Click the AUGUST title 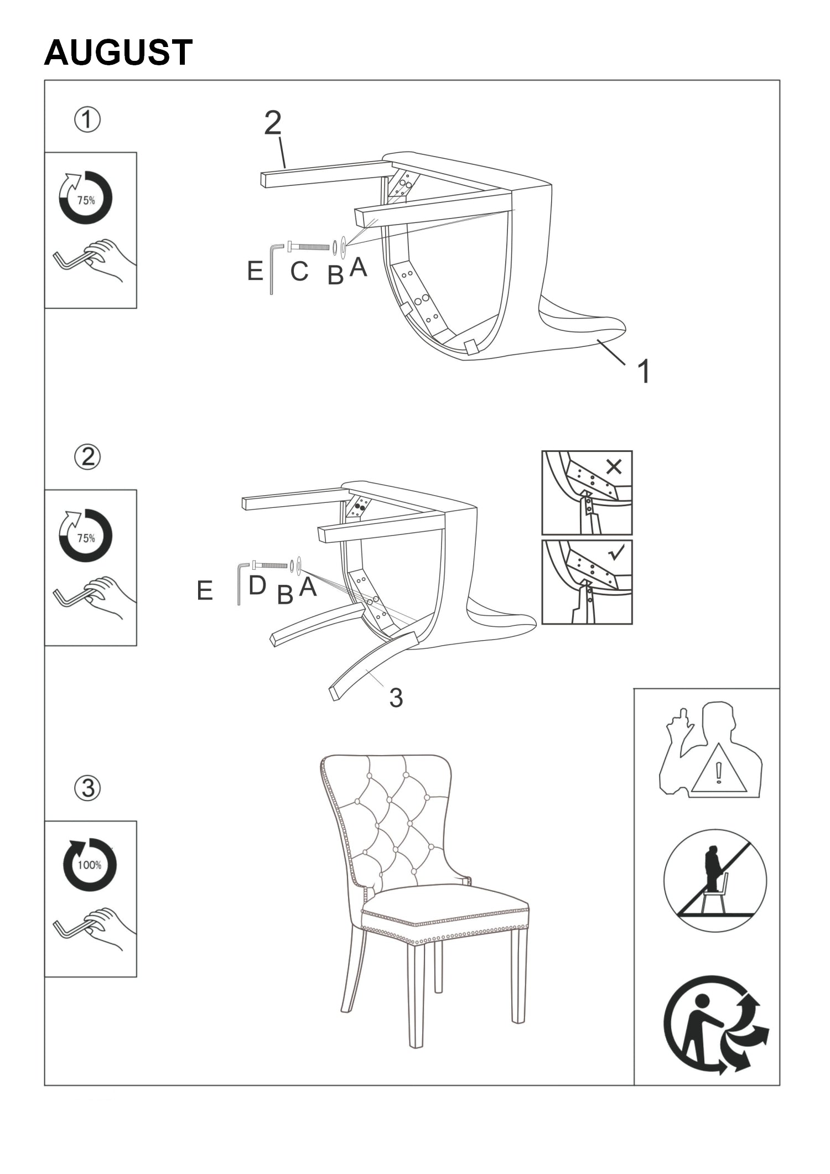pos(118,53)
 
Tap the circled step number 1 pos(87,120)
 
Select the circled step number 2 pos(87,458)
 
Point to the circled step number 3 pos(87,788)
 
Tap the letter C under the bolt pos(299,271)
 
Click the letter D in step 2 pos(257,585)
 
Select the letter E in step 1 pos(255,271)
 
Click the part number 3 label pos(396,698)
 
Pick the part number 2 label pos(273,123)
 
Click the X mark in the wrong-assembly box pos(614,467)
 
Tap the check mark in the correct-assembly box pos(616,552)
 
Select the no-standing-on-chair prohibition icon pos(715,881)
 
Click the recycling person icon pos(715,1025)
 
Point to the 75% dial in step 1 pos(86,198)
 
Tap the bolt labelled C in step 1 pos(309,245)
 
